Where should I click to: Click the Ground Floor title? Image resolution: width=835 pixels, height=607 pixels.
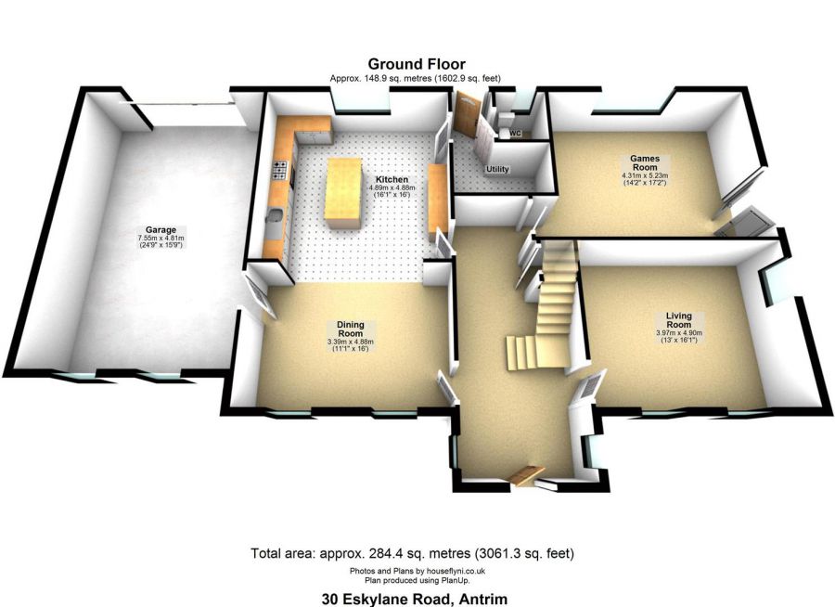[417, 64]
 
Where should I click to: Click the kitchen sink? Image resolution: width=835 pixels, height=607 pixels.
[275, 220]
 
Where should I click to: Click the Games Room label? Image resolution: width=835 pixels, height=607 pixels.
[644, 162]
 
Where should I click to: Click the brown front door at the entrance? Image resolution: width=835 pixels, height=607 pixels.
[527, 474]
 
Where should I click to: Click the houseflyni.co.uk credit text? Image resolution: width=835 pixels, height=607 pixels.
[417, 571]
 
